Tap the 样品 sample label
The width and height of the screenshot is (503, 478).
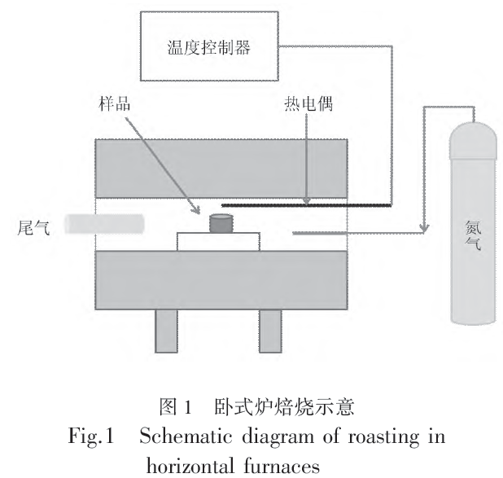pyautogui.click(x=112, y=104)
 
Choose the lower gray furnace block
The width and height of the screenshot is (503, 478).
pyautogui.click(x=223, y=279)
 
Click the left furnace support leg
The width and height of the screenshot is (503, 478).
pyautogui.click(x=166, y=332)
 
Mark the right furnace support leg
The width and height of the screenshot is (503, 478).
pyautogui.click(x=271, y=332)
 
